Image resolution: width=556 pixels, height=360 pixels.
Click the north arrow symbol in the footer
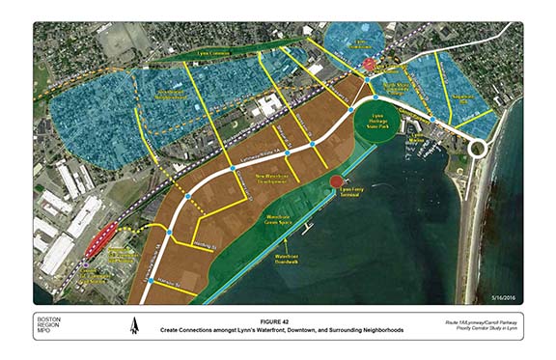click(x=134, y=328)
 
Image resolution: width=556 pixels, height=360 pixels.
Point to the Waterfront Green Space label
click(x=274, y=219)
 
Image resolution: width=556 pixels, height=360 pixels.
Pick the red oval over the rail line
click(x=99, y=239)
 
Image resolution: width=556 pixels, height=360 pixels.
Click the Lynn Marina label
click(x=415, y=141)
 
